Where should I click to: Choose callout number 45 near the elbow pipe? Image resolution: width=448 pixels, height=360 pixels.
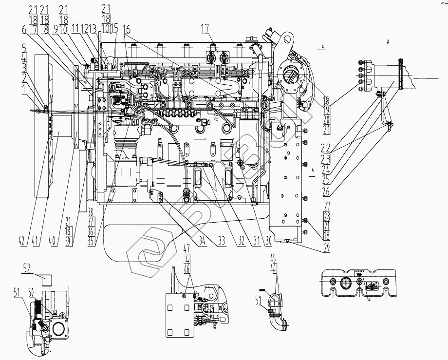click(273, 258)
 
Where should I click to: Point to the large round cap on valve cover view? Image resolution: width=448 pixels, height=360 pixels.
click(345, 283)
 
